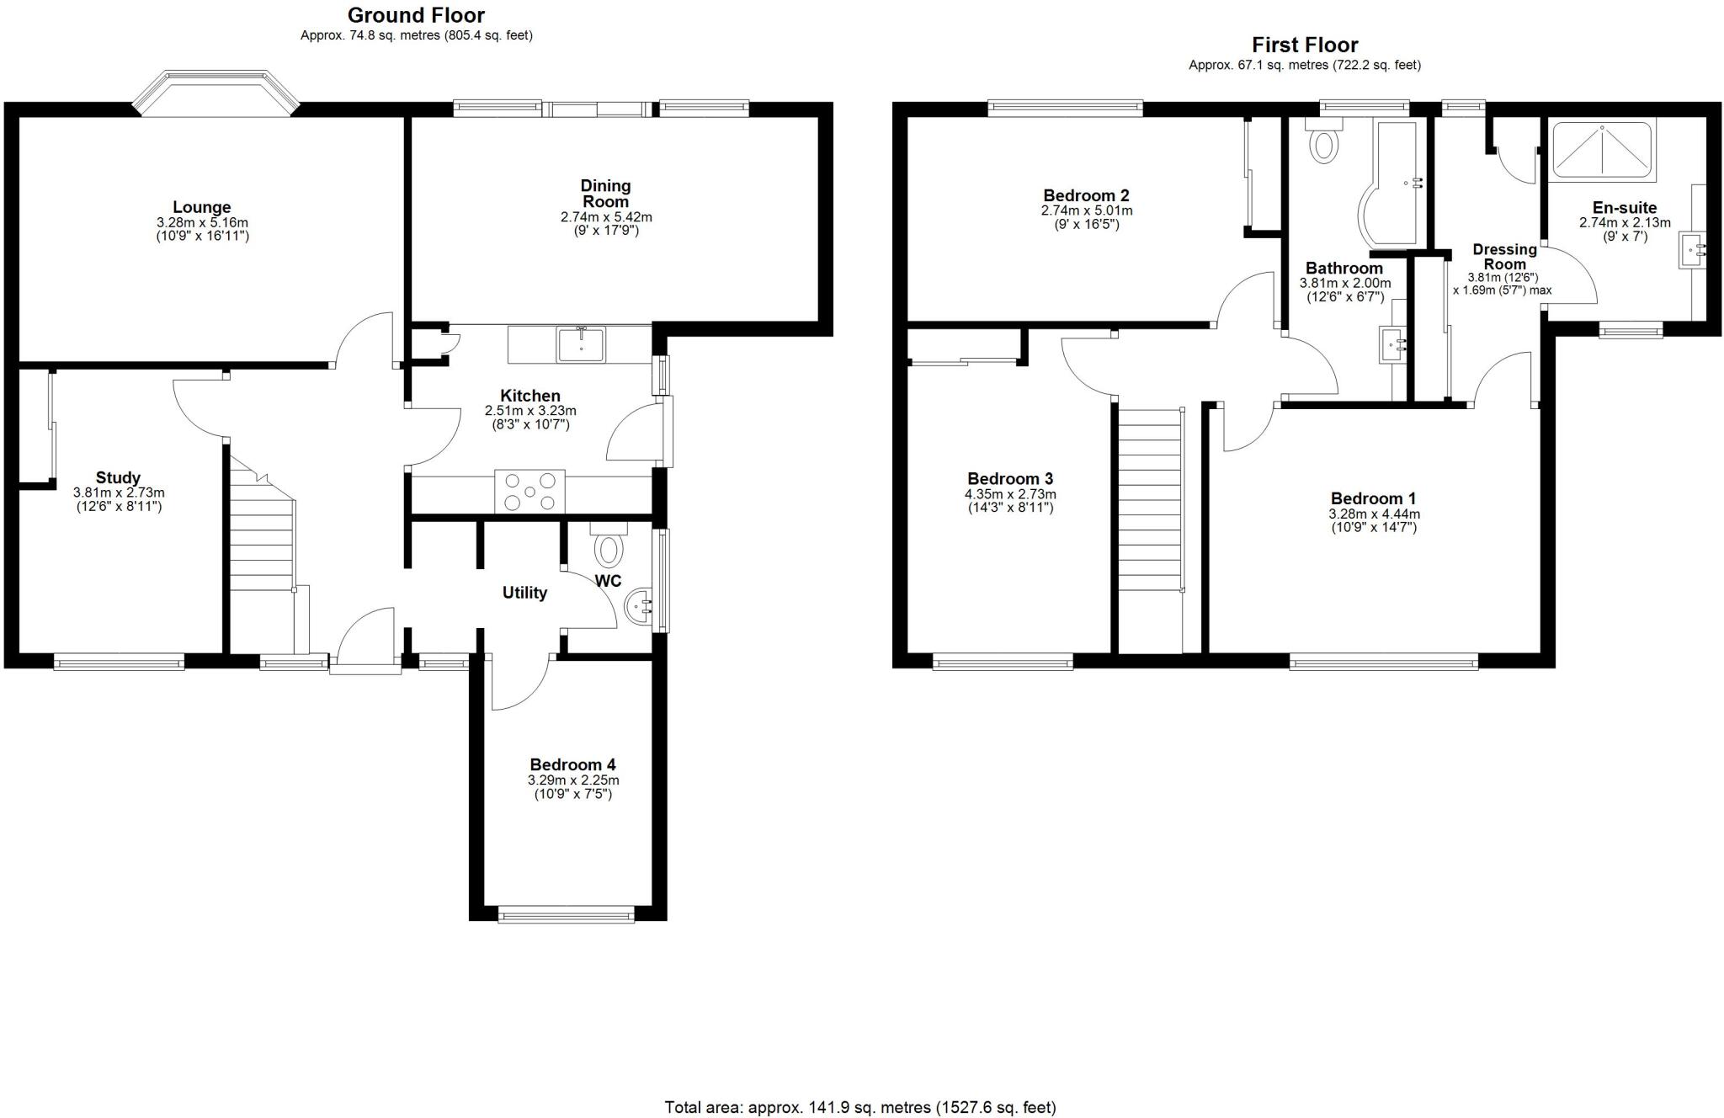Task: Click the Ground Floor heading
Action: (x=416, y=15)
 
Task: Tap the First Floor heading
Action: (x=1304, y=45)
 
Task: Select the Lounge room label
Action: (x=202, y=207)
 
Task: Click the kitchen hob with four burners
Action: (x=529, y=491)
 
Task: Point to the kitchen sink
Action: (x=580, y=344)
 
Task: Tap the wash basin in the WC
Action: (x=639, y=604)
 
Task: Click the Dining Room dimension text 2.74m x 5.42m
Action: (x=606, y=217)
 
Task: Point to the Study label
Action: (x=118, y=477)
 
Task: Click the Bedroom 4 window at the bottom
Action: (x=566, y=915)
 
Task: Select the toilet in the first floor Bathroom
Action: (x=1323, y=141)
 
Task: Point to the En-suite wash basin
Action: (x=1692, y=249)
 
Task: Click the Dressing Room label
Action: (x=1504, y=256)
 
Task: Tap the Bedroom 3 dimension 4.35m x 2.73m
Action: (x=1010, y=494)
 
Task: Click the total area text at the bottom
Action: (x=859, y=1107)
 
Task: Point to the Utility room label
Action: (x=524, y=593)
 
